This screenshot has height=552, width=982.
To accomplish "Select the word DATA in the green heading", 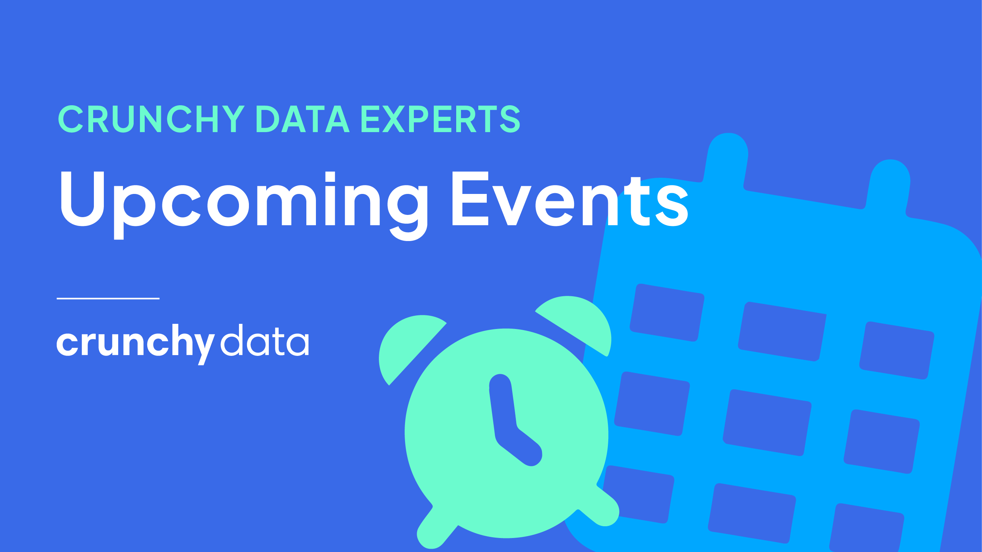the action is (x=303, y=118).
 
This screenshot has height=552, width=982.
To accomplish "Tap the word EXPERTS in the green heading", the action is (x=441, y=118).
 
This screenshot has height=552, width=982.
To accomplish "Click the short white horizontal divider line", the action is (x=108, y=298).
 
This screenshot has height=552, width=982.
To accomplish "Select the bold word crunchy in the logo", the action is (x=136, y=344).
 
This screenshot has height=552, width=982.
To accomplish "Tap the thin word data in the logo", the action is (x=265, y=340).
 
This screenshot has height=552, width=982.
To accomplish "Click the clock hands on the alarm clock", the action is (x=513, y=419).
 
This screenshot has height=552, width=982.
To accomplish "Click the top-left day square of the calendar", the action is (x=667, y=312).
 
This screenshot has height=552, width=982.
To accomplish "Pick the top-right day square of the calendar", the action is (x=897, y=350).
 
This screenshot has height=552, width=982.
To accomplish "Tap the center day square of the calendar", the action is (x=767, y=422).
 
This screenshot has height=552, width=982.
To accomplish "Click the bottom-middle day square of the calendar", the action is (x=752, y=513).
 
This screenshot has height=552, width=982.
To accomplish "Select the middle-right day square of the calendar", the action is (x=882, y=442).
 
